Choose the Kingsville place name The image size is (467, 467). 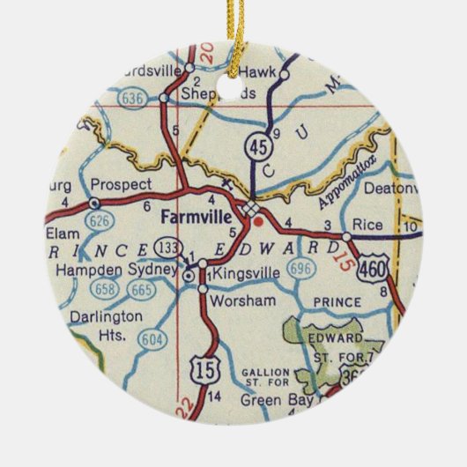pyautogui.click(x=246, y=274)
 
